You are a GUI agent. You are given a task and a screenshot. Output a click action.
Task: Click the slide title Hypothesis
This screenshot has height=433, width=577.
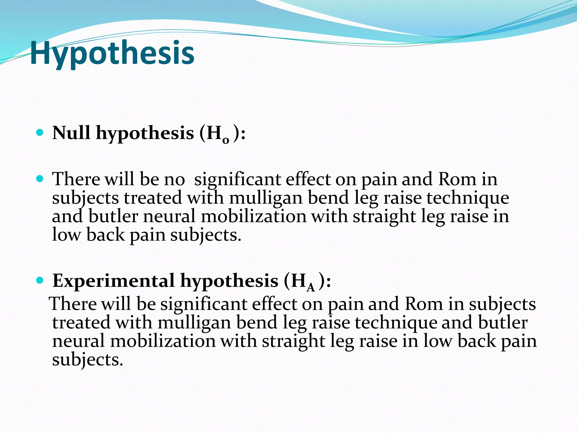(x=112, y=54)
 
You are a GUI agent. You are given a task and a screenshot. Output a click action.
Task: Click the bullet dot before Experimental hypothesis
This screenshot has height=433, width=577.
(x=40, y=280)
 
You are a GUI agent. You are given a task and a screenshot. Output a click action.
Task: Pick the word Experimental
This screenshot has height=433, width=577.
(x=114, y=281)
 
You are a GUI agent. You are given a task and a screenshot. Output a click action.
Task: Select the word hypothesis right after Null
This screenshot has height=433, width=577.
(x=145, y=133)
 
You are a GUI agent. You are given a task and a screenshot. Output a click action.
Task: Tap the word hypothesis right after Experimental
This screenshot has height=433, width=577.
(x=229, y=281)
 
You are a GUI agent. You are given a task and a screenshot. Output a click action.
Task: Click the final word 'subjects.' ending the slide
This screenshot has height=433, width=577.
(x=88, y=360)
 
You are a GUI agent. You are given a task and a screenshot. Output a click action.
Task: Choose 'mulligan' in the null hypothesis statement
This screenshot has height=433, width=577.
(x=266, y=198)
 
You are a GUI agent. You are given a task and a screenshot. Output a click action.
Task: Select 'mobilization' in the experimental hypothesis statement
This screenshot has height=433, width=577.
(x=163, y=341)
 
